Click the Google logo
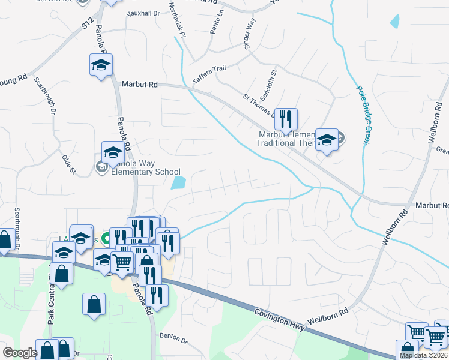(x=20, y=353)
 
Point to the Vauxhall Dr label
(x=143, y=12)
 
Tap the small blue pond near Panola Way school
(x=178, y=182)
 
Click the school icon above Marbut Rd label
(x=101, y=64)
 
